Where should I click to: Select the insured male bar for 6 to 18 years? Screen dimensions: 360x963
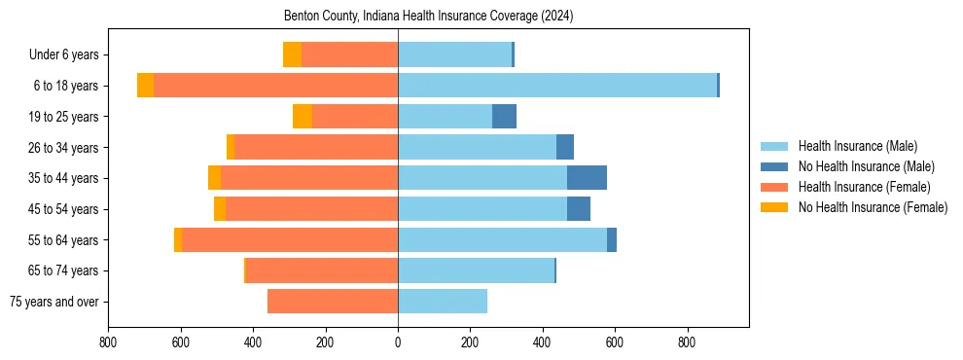pyautogui.click(x=557, y=86)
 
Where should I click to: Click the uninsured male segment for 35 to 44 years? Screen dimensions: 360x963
pyautogui.click(x=587, y=178)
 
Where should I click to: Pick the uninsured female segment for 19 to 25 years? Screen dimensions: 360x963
pyautogui.click(x=303, y=117)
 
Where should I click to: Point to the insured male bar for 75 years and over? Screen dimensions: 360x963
pyautogui.click(x=443, y=302)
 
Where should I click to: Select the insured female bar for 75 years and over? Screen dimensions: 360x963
pyautogui.click(x=333, y=302)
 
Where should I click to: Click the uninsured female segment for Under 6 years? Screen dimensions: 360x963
pyautogui.click(x=292, y=54)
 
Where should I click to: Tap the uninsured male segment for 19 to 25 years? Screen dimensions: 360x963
pyautogui.click(x=504, y=117)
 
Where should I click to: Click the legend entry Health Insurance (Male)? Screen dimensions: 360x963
pyautogui.click(x=857, y=146)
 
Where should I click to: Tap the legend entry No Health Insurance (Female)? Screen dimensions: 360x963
pyautogui.click(x=873, y=207)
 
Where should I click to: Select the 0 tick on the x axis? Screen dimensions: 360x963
pyautogui.click(x=398, y=342)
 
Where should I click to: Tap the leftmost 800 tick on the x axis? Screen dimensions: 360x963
pyautogui.click(x=108, y=342)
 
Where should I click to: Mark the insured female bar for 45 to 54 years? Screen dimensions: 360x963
pyautogui.click(x=311, y=209)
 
